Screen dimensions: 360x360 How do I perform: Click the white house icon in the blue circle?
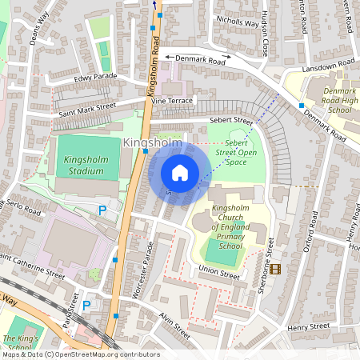[x=180, y=172]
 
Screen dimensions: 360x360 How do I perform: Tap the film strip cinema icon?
[x=276, y=269]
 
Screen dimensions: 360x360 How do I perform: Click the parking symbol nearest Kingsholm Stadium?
[x=102, y=210]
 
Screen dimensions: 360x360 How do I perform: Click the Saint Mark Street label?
[x=87, y=110]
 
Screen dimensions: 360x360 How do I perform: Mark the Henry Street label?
[x=308, y=326]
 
